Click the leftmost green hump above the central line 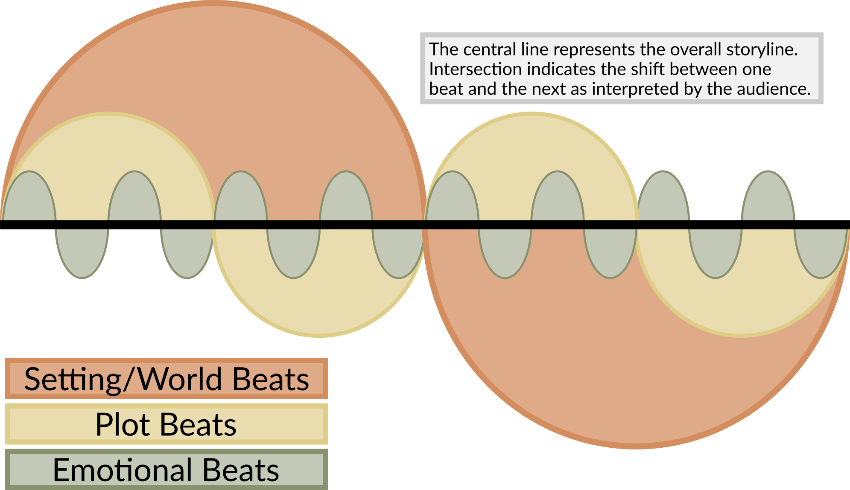tap(29, 198)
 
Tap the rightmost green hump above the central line tap(768, 198)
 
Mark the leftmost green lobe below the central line tap(82, 252)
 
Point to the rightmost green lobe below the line tap(821, 252)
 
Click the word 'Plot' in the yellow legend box tap(123, 424)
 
